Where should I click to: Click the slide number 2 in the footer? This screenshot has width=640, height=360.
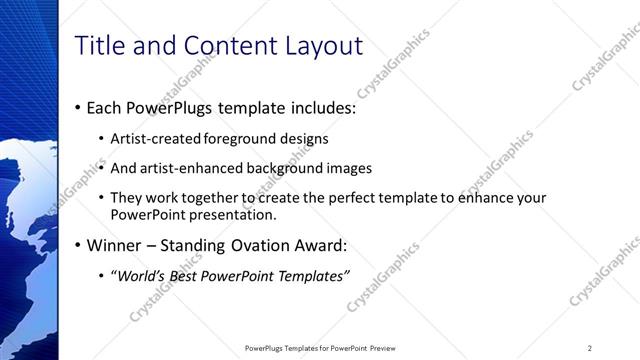[589, 347]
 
